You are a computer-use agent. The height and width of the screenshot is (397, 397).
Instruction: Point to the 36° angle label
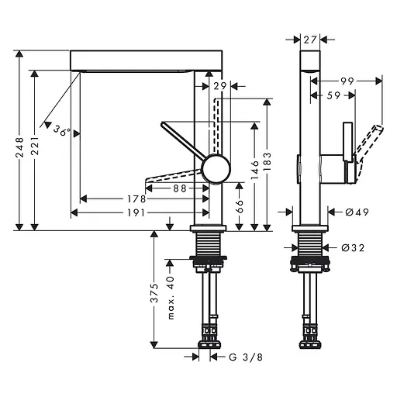pyautogui.click(x=62, y=131)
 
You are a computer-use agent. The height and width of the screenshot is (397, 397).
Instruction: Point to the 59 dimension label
pyautogui.click(x=333, y=95)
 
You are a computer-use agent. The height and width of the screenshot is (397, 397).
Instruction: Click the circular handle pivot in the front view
pyautogui.click(x=215, y=167)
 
